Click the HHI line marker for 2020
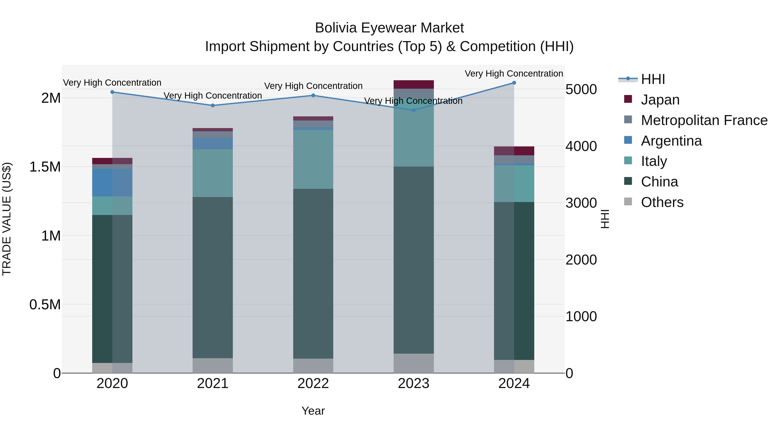[112, 92]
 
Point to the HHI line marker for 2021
[212, 106]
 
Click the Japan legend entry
[660, 100]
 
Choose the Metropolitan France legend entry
[704, 120]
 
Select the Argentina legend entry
[671, 141]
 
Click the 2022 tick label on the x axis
[313, 383]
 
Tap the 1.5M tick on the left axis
[45, 167]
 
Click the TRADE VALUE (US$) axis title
[7, 219]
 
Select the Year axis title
[313, 411]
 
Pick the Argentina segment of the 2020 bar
[112, 183]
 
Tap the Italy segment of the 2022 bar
[313, 159]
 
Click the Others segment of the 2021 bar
[212, 366]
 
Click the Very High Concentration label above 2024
[514, 74]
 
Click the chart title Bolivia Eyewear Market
[389, 28]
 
